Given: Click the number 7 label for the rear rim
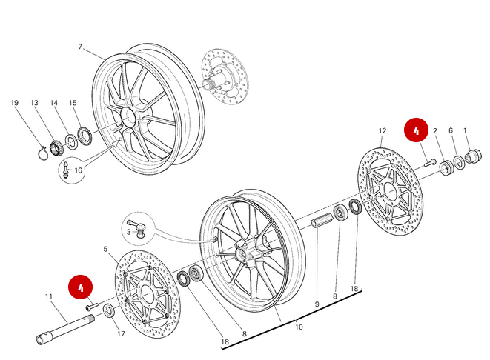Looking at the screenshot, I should click(80, 47).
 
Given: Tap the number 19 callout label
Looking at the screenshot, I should click(14, 103).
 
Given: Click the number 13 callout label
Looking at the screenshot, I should click(34, 103).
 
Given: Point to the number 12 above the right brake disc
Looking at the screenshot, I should click(383, 131).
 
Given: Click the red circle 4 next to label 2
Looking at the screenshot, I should click(416, 131).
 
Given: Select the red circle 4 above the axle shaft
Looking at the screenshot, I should click(81, 286).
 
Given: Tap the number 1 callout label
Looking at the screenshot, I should click(466, 131).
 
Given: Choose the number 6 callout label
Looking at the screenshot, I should click(450, 131).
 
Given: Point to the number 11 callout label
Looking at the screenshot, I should click(49, 297).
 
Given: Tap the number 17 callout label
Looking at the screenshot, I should click(121, 334).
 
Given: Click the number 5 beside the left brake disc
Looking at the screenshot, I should click(105, 250).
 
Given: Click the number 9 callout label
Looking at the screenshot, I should click(317, 304).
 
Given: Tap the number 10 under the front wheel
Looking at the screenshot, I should click(299, 327).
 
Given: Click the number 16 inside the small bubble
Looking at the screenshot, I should click(78, 170).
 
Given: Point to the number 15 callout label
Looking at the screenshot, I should click(73, 103).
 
